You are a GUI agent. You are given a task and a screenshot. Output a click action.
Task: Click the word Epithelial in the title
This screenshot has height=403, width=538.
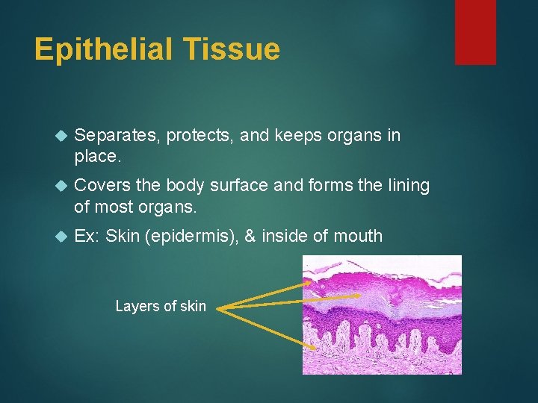[102, 50]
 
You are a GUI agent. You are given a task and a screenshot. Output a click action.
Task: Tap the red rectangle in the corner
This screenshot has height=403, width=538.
[475, 31]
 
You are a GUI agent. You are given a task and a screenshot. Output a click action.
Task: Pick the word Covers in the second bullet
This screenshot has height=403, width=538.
[99, 186]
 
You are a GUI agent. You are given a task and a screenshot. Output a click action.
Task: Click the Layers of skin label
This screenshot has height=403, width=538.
[161, 306]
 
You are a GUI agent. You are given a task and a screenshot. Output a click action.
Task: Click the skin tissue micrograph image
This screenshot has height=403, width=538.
[382, 314]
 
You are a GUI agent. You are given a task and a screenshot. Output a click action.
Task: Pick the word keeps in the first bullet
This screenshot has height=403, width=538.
[298, 136]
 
